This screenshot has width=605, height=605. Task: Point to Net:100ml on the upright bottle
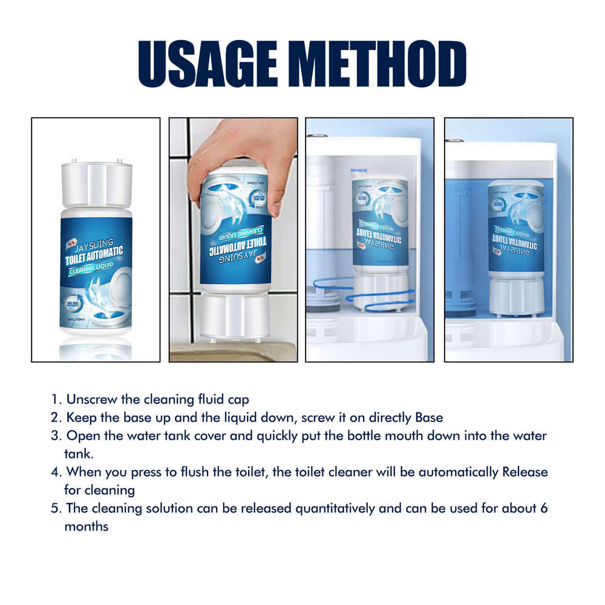tap(77, 318)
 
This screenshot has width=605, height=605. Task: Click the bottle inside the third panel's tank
tap(379, 230)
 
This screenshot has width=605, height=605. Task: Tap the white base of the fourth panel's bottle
tap(516, 296)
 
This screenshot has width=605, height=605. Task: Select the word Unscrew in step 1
tap(89, 400)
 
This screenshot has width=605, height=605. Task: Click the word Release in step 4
tap(525, 472)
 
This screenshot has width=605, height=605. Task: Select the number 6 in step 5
tap(543, 508)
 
